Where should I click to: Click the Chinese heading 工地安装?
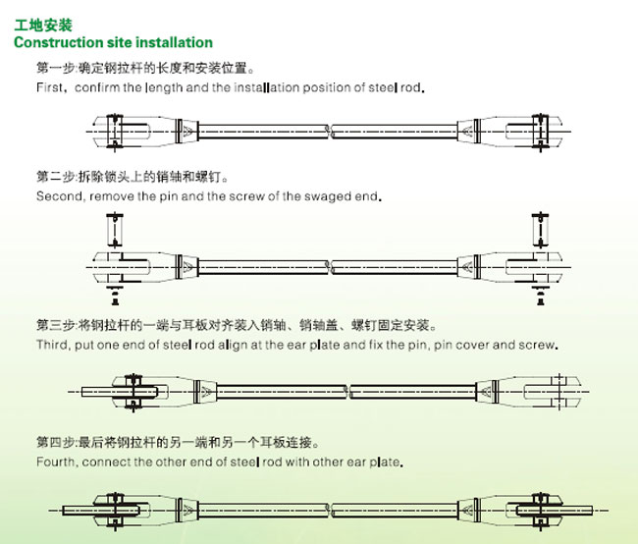coord(43,26)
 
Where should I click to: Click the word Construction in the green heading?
coord(59,42)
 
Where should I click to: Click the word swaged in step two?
coord(328,197)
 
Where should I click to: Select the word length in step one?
coord(164,88)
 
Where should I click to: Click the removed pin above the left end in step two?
coord(115,230)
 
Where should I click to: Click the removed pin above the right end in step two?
coord(541,230)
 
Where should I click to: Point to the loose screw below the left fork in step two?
coord(115,296)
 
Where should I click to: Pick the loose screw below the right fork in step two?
coord(541,296)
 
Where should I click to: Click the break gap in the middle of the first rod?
coord(330,132)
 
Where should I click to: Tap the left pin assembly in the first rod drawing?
coord(115,132)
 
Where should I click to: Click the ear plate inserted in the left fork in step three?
coord(120,392)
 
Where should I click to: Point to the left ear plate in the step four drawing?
coord(101,511)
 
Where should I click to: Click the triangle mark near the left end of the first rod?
coord(187,132)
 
